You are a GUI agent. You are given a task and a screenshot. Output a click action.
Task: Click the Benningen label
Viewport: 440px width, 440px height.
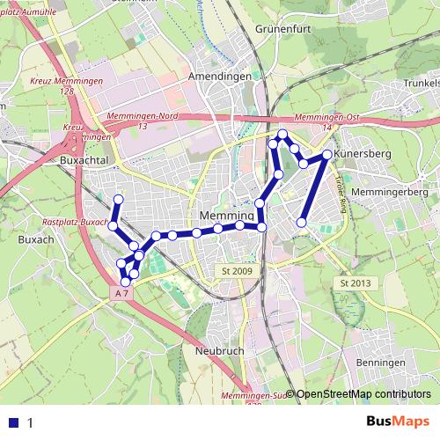coord(380,363)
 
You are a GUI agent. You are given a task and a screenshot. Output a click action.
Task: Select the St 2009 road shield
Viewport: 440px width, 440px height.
coord(238,271)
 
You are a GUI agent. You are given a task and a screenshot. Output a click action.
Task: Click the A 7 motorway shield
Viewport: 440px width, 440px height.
coord(125,292)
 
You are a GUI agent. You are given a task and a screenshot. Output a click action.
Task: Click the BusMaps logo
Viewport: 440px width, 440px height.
coord(399,422)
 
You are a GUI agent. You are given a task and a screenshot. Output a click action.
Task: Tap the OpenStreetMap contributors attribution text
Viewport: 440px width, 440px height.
coord(363,395)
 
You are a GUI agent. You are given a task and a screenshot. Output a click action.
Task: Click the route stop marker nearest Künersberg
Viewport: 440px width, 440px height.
coord(326,155)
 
